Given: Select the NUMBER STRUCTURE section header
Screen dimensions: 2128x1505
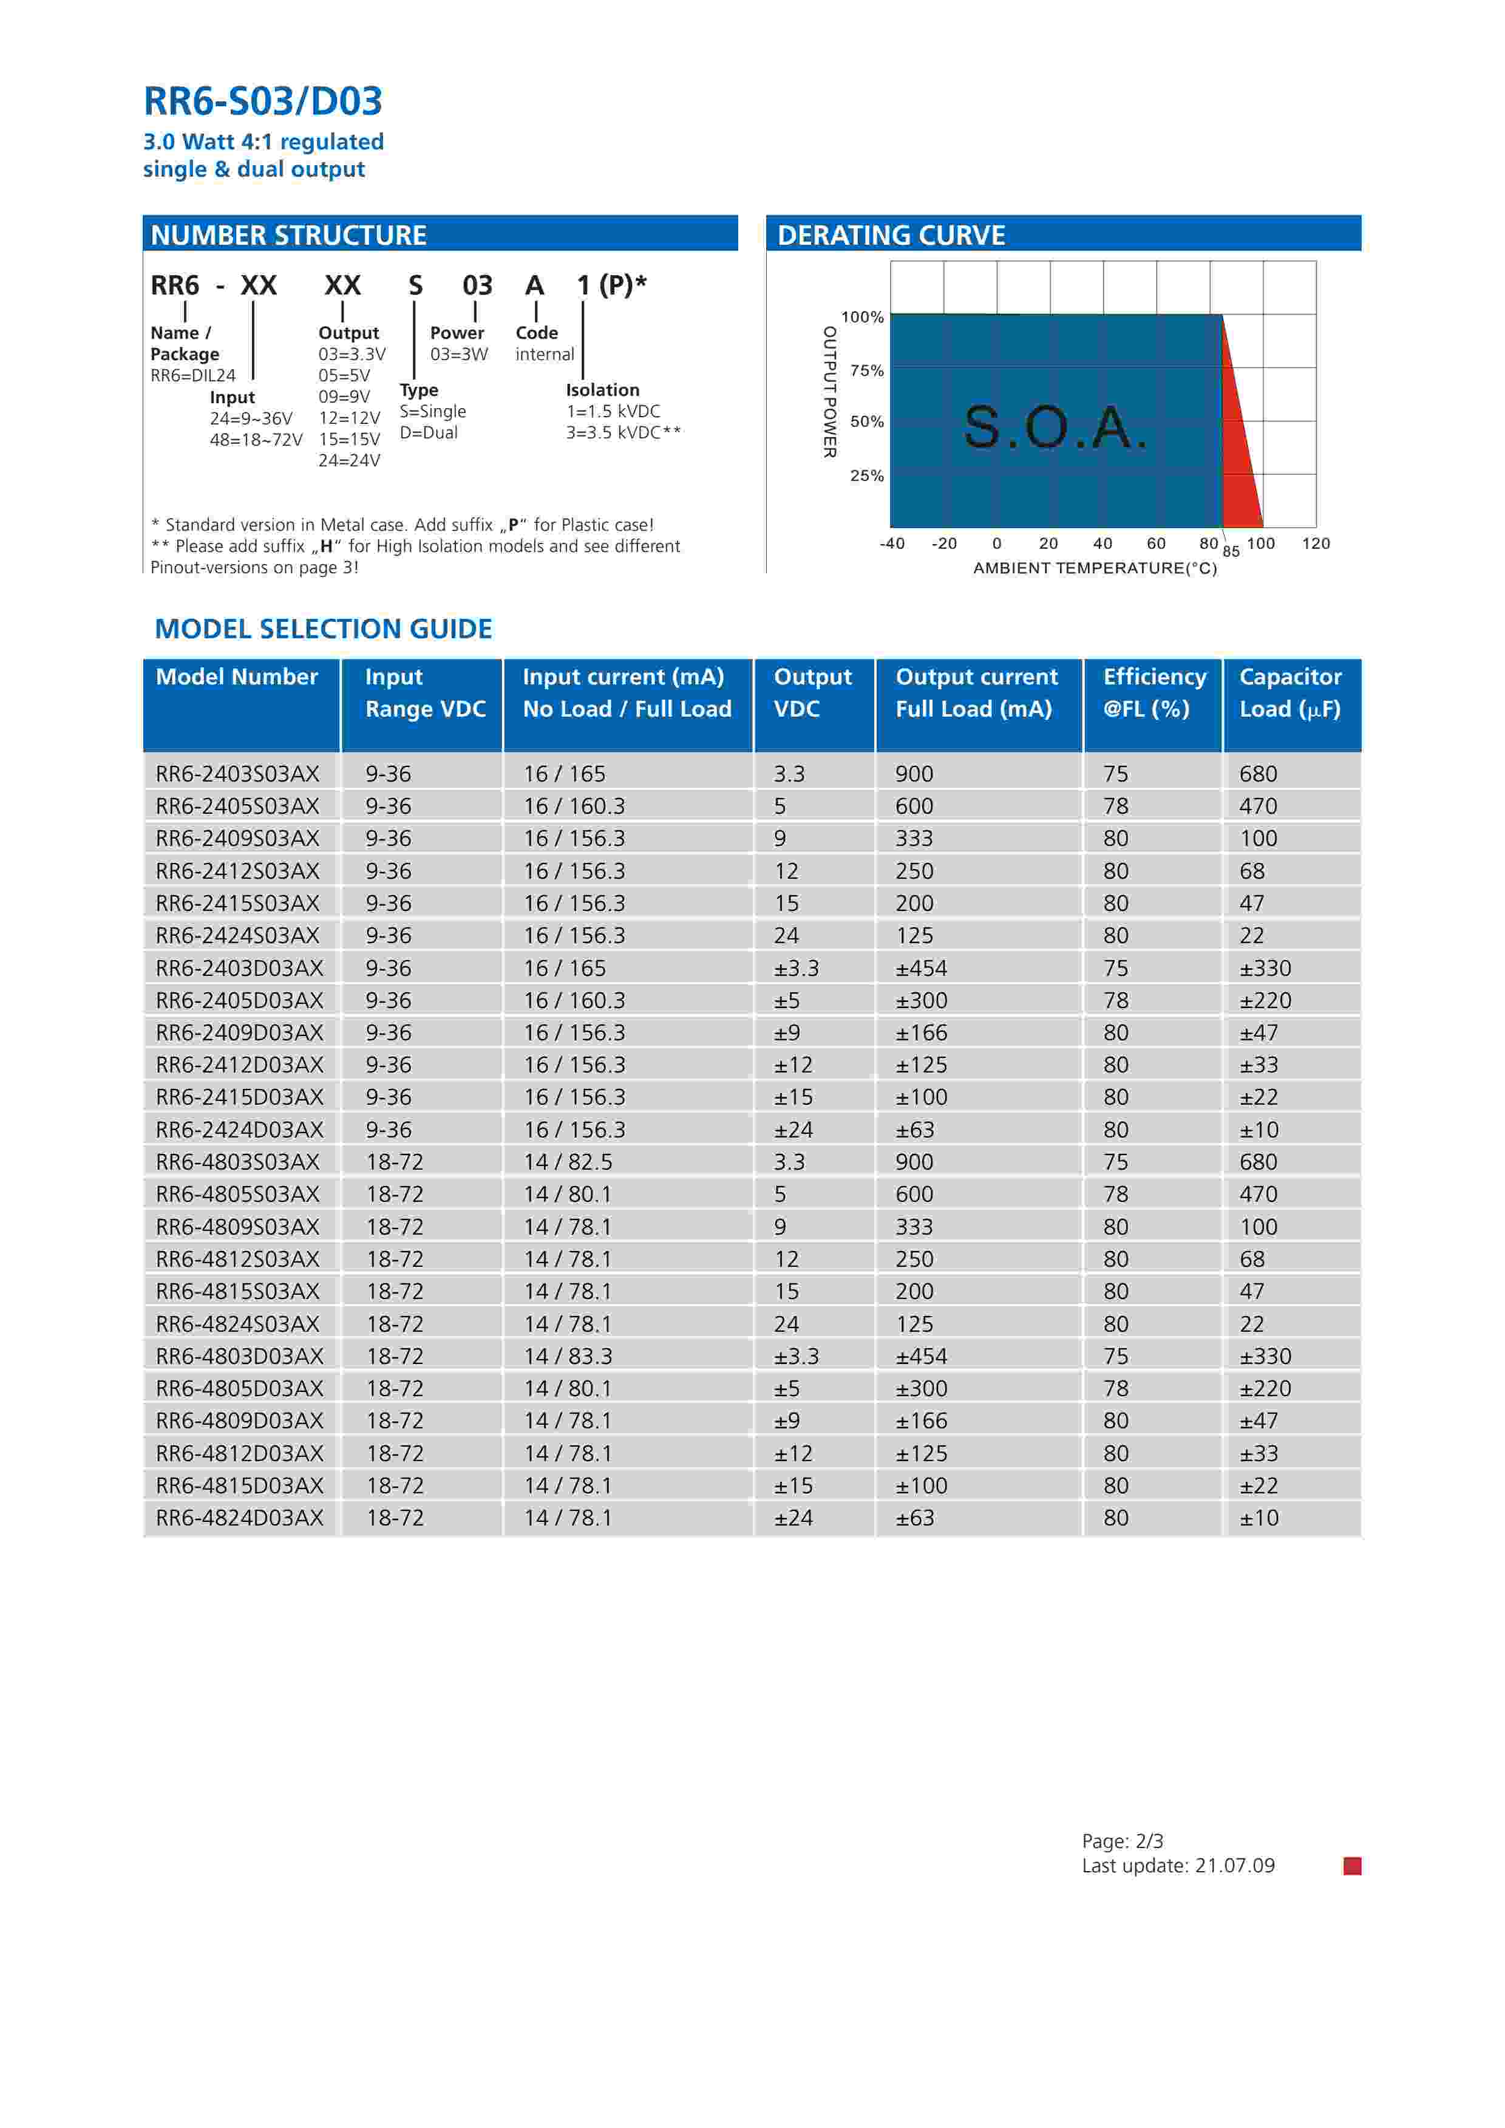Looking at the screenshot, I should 288,236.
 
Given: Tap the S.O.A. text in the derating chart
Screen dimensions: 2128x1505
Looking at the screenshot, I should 1055,428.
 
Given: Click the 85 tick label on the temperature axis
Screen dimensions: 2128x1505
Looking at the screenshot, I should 1231,551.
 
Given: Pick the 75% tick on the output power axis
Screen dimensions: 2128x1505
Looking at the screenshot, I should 866,370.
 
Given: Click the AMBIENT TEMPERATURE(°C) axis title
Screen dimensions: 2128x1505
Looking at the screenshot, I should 1095,568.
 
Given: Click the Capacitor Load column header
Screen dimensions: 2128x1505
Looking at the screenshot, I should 1290,694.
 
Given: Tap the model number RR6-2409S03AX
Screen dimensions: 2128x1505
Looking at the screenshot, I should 237,839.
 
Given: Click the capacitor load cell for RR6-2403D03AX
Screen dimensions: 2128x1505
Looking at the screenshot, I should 1265,969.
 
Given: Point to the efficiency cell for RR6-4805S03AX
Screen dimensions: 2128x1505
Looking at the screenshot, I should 1116,1195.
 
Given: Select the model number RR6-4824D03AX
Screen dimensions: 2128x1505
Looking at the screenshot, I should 239,1518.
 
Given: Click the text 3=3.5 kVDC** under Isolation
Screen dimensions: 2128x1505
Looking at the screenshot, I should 623,433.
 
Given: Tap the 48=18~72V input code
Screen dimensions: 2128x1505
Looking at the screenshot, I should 256,440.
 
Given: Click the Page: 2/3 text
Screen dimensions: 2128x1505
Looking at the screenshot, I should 1123,1841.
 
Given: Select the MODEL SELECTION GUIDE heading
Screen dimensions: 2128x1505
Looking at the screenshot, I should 324,629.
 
